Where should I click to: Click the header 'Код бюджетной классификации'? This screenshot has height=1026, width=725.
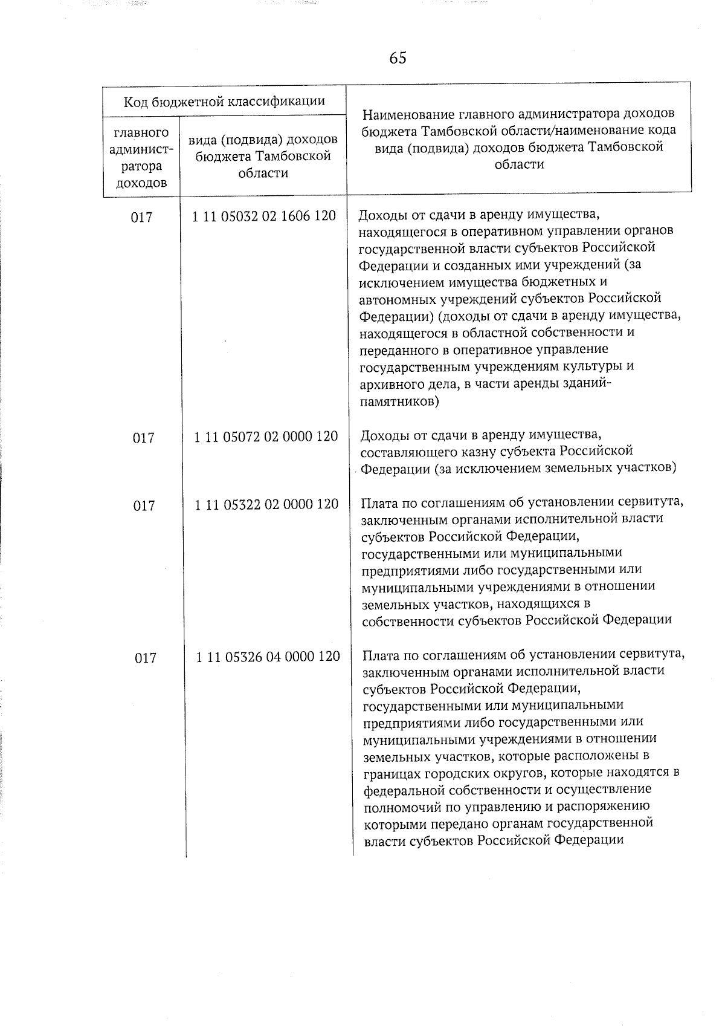pos(224,102)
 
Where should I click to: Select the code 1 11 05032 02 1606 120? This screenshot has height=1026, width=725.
pos(264,216)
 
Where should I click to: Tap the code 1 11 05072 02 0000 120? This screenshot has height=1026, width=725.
pos(266,436)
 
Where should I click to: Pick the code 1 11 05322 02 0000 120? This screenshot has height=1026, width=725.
pos(266,504)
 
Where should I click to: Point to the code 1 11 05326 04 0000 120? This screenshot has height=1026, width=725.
pos(268,656)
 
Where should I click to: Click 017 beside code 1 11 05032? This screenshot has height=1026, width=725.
pos(141,217)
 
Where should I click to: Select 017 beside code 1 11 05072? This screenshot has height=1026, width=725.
pos(143,437)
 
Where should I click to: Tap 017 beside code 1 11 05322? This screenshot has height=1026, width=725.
pos(144,505)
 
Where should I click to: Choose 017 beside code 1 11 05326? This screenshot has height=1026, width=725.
pos(146,658)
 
